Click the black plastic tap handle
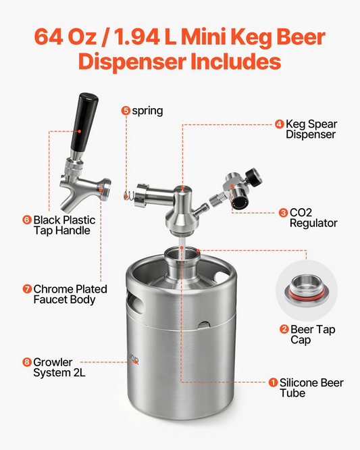tap(84, 123)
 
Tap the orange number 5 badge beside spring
tap(126, 111)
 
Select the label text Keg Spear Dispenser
tap(311, 129)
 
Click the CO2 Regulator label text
tap(313, 218)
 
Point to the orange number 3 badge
tap(283, 213)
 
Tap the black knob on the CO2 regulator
tap(255, 176)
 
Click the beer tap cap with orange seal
tap(307, 291)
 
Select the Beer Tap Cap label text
tap(313, 334)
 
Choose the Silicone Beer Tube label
tap(311, 388)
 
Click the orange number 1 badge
tap(273, 382)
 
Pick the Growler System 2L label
tap(59, 368)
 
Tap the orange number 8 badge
tap(27, 362)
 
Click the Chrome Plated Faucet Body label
tap(70, 294)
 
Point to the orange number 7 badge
tap(27, 289)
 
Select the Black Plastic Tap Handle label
tap(64, 225)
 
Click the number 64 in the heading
tap(49, 36)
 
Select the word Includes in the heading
tap(236, 61)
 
